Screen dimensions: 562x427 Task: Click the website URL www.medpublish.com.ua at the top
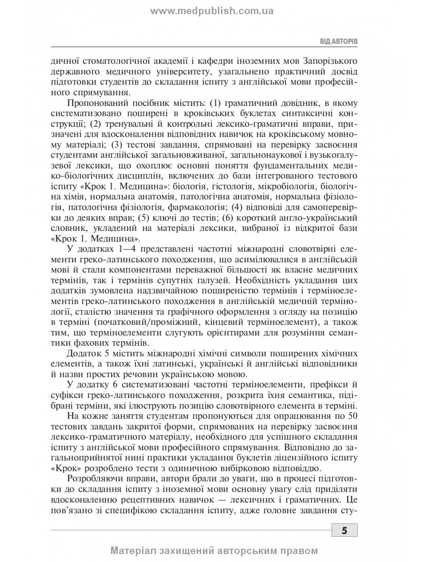pos(212,11)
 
